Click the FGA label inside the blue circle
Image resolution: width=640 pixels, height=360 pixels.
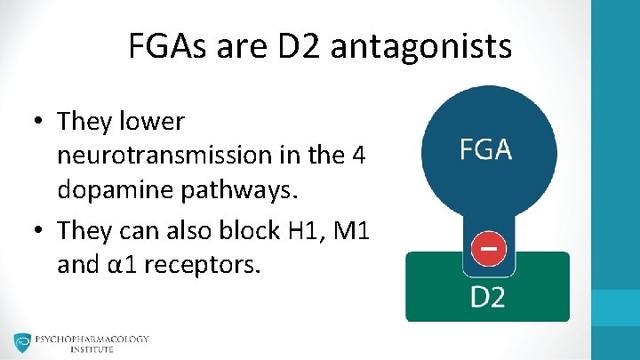[486, 149]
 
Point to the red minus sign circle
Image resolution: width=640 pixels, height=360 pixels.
[487, 248]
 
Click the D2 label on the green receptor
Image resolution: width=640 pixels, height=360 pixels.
[487, 295]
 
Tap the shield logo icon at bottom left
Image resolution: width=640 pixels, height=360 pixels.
[21, 342]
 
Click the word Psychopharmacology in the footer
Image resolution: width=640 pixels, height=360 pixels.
[92, 339]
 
